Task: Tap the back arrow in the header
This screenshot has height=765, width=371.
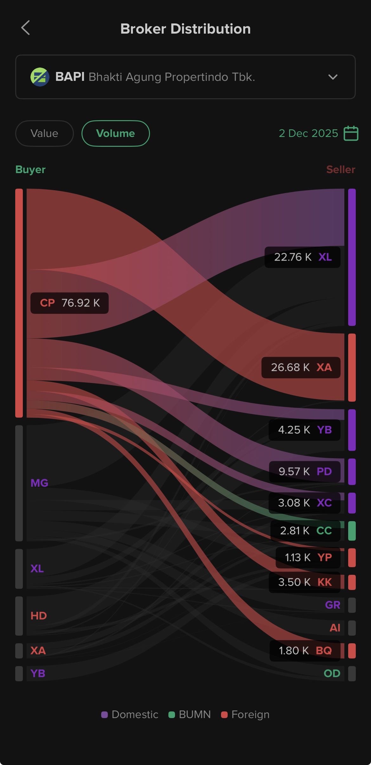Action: pos(26,28)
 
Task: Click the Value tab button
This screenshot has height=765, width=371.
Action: pos(44,133)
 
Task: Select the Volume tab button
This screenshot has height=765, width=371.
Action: pos(115,133)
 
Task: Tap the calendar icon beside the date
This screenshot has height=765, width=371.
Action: pos(351,133)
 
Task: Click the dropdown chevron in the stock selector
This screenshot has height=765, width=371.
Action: pos(333,77)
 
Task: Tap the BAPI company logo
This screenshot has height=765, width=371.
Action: pos(40,77)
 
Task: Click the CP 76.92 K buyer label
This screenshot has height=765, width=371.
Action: pos(69,303)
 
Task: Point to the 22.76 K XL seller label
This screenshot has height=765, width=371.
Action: pos(303,257)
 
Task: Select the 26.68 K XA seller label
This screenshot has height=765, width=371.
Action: pos(301,367)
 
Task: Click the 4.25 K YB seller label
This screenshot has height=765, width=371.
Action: pos(304,430)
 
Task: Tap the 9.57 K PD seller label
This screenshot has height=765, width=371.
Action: pos(305,471)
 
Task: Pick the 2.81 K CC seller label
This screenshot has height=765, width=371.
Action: pos(305,531)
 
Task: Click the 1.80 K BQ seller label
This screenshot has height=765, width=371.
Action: pos(305,651)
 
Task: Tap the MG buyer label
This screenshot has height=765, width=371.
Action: pos(39,483)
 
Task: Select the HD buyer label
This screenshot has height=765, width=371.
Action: pos(39,616)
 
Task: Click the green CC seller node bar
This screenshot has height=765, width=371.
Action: pos(352,531)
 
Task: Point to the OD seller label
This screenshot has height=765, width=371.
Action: pos(332,673)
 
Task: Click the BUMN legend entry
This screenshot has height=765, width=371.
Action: pos(190,715)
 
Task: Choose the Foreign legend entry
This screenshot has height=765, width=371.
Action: pos(245,715)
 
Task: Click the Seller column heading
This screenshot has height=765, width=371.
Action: pos(341,170)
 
